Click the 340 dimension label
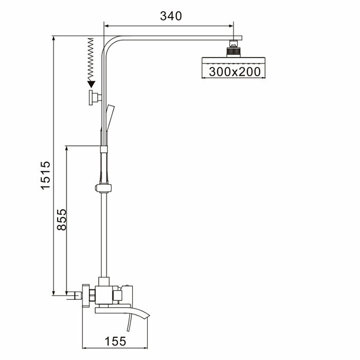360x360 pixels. (171, 16)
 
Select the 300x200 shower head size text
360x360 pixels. (235, 72)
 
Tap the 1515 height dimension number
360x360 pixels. (46, 175)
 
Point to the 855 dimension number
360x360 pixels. (61, 220)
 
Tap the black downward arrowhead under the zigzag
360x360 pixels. (92, 84)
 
